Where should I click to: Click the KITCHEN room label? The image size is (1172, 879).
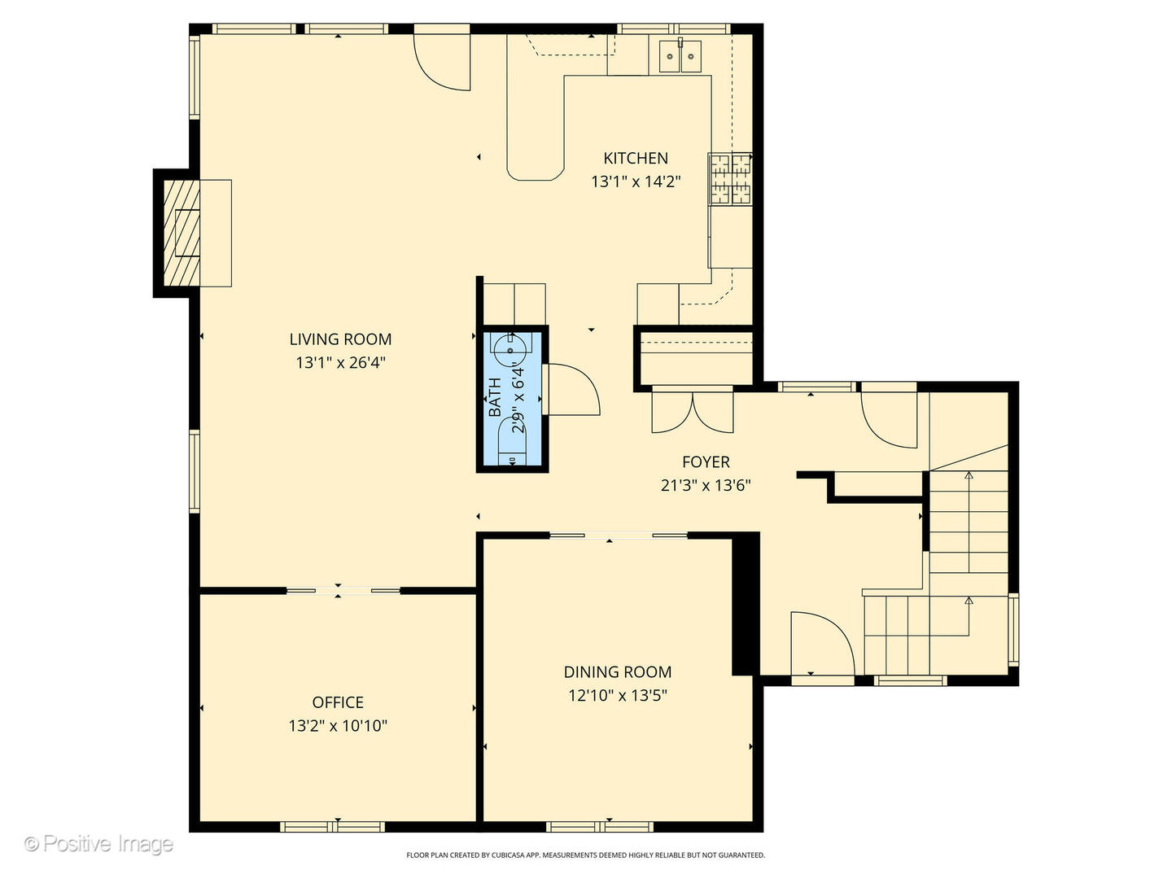(635, 158)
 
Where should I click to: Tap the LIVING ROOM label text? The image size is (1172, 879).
(340, 339)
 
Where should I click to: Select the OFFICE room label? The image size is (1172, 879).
(338, 702)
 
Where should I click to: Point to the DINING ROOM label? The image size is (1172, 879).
(618, 672)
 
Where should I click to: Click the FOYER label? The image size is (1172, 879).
(706, 462)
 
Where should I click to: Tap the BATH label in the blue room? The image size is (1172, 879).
(495, 397)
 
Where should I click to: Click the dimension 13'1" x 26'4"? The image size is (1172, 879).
(340, 362)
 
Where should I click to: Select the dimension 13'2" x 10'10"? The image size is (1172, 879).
(338, 725)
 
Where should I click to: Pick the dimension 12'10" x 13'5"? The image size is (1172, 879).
(618, 695)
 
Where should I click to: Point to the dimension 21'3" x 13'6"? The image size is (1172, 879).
(706, 486)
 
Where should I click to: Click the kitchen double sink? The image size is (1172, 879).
(680, 56)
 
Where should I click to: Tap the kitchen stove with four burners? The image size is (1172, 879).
(730, 180)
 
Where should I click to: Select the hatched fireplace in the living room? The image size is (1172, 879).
(181, 233)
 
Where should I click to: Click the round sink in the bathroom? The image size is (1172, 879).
(512, 348)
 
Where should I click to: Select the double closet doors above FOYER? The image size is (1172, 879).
(692, 411)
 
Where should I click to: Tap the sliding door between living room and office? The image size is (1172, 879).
(342, 590)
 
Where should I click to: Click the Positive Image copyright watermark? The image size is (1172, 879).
(98, 844)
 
